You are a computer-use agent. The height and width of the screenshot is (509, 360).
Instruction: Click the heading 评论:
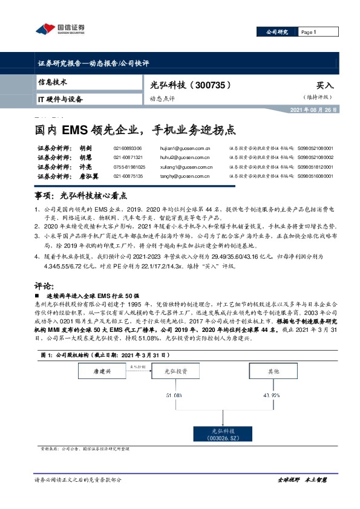(46, 284)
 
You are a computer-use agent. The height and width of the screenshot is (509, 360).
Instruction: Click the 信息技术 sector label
(53, 82)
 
